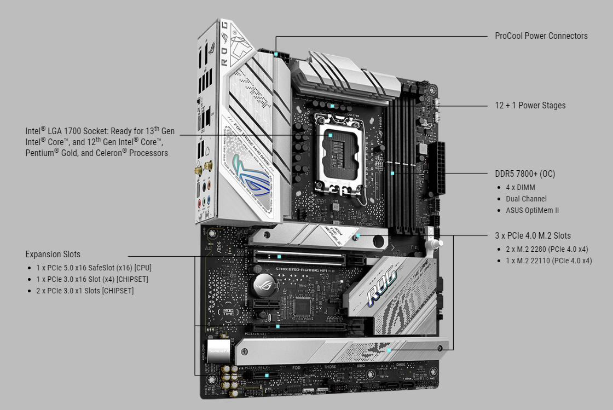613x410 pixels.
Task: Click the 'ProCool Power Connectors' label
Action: coord(541,36)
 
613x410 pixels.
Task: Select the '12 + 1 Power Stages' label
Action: coord(530,106)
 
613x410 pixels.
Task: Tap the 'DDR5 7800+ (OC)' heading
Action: coord(524,174)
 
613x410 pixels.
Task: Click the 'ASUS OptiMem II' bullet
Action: coord(532,210)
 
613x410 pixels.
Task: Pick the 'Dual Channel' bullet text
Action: coord(526,199)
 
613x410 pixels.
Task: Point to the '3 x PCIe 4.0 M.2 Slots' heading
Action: coord(533,236)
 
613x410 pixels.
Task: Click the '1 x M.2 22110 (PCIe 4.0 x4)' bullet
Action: coord(548,261)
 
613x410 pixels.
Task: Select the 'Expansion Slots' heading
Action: coord(53,255)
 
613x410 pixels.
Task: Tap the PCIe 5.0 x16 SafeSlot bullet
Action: coord(93,268)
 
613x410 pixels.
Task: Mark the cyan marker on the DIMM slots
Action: coord(392,173)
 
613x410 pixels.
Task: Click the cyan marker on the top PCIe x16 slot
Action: coord(279,256)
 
